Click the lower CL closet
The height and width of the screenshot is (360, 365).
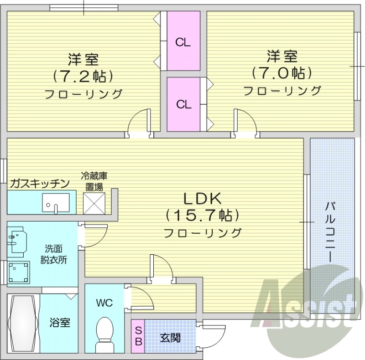[x=183, y=103]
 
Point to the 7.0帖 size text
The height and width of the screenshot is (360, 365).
[x=282, y=72]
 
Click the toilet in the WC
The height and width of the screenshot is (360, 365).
[x=105, y=331]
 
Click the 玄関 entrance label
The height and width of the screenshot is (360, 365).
[x=170, y=338]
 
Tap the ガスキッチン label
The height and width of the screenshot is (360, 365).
[x=40, y=183]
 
